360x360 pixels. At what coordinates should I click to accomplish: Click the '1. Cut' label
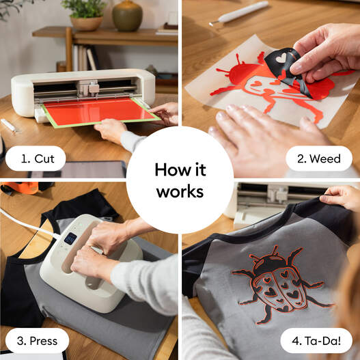tap(35, 158)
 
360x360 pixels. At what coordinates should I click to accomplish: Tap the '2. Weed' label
tap(319, 158)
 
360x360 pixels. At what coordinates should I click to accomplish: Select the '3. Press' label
tap(37, 340)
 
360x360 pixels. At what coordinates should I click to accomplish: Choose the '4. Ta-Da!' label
tap(315, 340)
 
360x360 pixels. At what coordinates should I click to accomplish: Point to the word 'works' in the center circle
tap(180, 192)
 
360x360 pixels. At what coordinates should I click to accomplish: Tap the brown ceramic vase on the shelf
tap(127, 15)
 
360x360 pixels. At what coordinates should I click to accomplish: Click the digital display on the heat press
tap(70, 238)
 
